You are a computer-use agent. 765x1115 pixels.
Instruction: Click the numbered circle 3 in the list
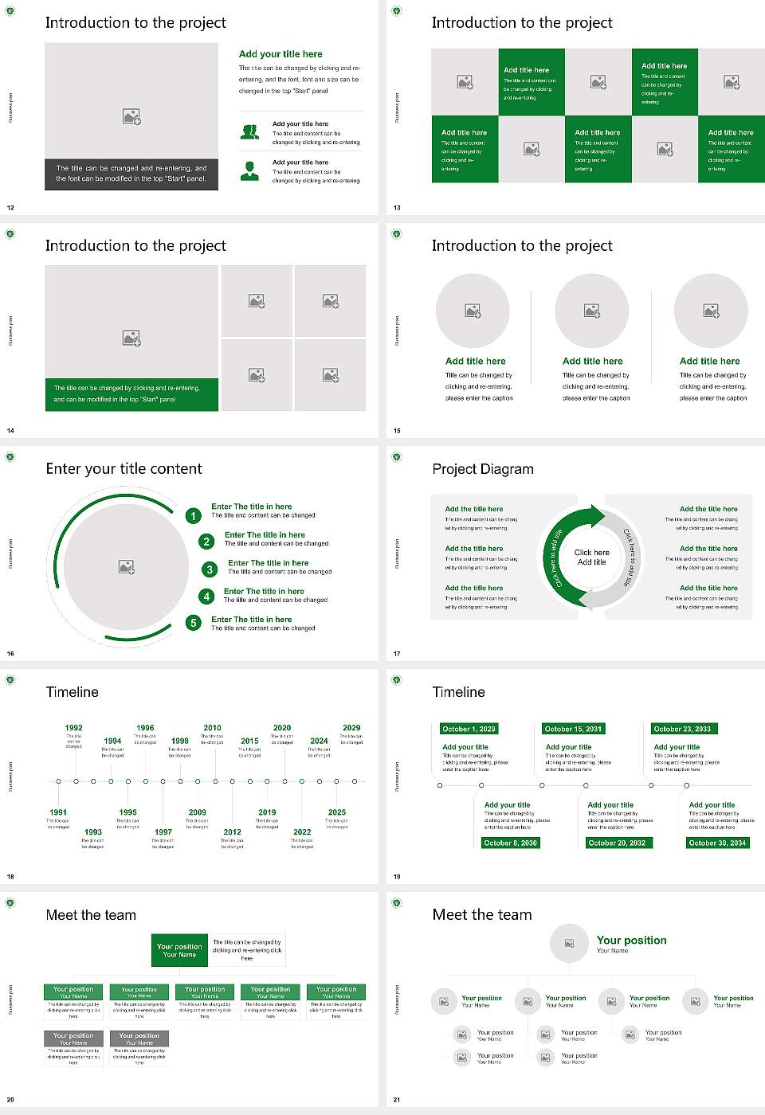210,569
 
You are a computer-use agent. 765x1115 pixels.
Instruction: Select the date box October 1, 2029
469,729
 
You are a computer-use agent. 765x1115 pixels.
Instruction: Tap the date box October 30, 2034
717,843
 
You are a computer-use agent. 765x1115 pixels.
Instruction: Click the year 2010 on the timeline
212,728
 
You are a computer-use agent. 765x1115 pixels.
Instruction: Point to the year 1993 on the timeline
93,831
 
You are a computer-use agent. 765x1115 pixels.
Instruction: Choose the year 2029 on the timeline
351,728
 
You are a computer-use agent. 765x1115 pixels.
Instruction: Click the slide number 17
397,654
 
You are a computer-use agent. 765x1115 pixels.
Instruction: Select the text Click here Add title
591,557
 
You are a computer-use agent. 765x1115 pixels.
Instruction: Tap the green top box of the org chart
179,950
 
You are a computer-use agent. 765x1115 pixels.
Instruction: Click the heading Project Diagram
483,469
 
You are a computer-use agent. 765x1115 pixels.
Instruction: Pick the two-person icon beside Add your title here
249,132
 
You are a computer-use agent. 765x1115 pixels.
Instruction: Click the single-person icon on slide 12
249,170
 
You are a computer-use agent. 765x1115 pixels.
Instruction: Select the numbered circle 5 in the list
194,623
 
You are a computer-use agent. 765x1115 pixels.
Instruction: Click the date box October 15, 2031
573,729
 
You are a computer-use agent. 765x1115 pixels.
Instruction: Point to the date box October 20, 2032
617,843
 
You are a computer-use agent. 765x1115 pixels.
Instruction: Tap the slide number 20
10,1100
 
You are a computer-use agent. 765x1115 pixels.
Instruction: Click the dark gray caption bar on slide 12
131,174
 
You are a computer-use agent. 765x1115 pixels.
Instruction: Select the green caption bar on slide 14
131,394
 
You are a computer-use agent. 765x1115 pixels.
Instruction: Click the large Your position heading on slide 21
632,941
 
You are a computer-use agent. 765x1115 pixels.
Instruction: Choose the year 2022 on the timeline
302,831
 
